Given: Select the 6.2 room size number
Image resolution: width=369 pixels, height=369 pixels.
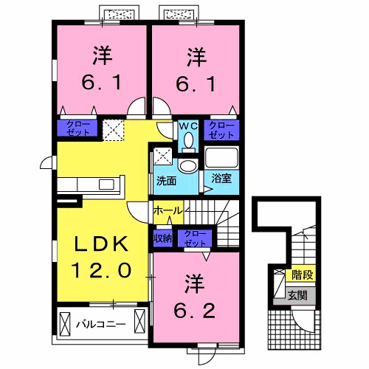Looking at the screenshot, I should [x=195, y=311].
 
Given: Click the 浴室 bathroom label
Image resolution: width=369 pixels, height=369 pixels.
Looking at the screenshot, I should [x=221, y=179].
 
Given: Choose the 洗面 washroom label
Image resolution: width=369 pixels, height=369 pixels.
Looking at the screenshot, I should [x=165, y=179].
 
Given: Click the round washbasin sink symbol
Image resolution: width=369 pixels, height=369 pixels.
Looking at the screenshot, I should [x=188, y=165].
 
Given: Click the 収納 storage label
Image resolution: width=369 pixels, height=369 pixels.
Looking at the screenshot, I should [x=162, y=238].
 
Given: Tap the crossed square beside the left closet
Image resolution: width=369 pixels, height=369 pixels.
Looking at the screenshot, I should [x=113, y=129].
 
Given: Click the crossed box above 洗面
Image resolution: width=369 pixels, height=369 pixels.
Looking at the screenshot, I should [x=163, y=156].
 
